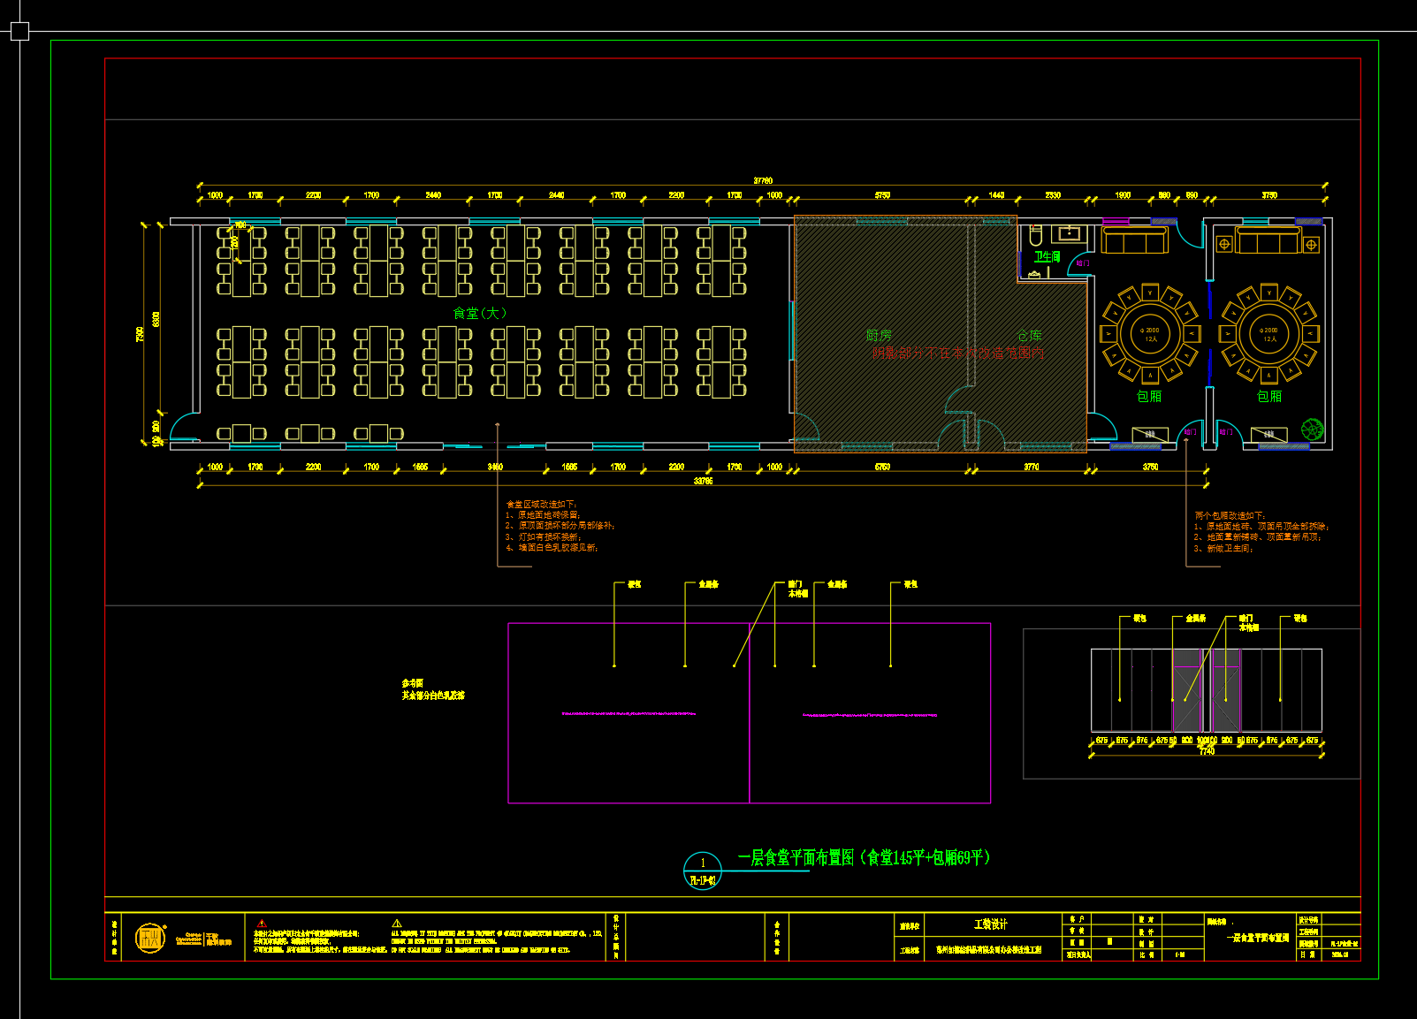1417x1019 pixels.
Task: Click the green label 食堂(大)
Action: (x=479, y=313)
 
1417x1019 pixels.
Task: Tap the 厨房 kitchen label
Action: (x=879, y=335)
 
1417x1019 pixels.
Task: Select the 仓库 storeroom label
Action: (x=1029, y=335)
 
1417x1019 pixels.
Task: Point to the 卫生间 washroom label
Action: (x=1048, y=256)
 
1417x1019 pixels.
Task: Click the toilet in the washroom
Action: (x=1036, y=234)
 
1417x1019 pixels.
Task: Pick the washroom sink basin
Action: (x=1070, y=233)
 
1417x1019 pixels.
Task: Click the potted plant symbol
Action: (x=1313, y=430)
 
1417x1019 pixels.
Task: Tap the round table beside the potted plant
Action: (x=1269, y=334)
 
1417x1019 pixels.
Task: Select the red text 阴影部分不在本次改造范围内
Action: (x=957, y=353)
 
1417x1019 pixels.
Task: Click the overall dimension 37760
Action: (x=763, y=180)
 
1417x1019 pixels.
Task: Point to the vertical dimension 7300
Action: (x=140, y=334)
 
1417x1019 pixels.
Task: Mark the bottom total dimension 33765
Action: (x=703, y=481)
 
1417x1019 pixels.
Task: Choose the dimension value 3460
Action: (x=495, y=467)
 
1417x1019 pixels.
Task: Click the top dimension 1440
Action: (x=996, y=194)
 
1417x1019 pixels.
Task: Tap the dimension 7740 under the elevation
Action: (x=1207, y=751)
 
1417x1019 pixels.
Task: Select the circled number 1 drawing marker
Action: (x=703, y=863)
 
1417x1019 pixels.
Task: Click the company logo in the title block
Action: (x=150, y=938)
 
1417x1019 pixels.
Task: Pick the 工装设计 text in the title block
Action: (x=990, y=924)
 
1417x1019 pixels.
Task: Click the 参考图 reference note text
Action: (x=413, y=683)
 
